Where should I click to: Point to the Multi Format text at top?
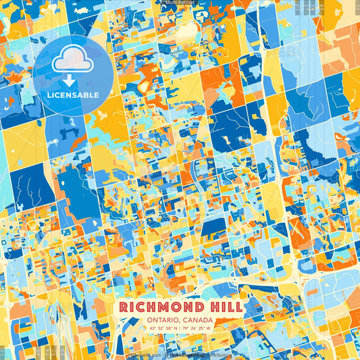click(x=180, y=3)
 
